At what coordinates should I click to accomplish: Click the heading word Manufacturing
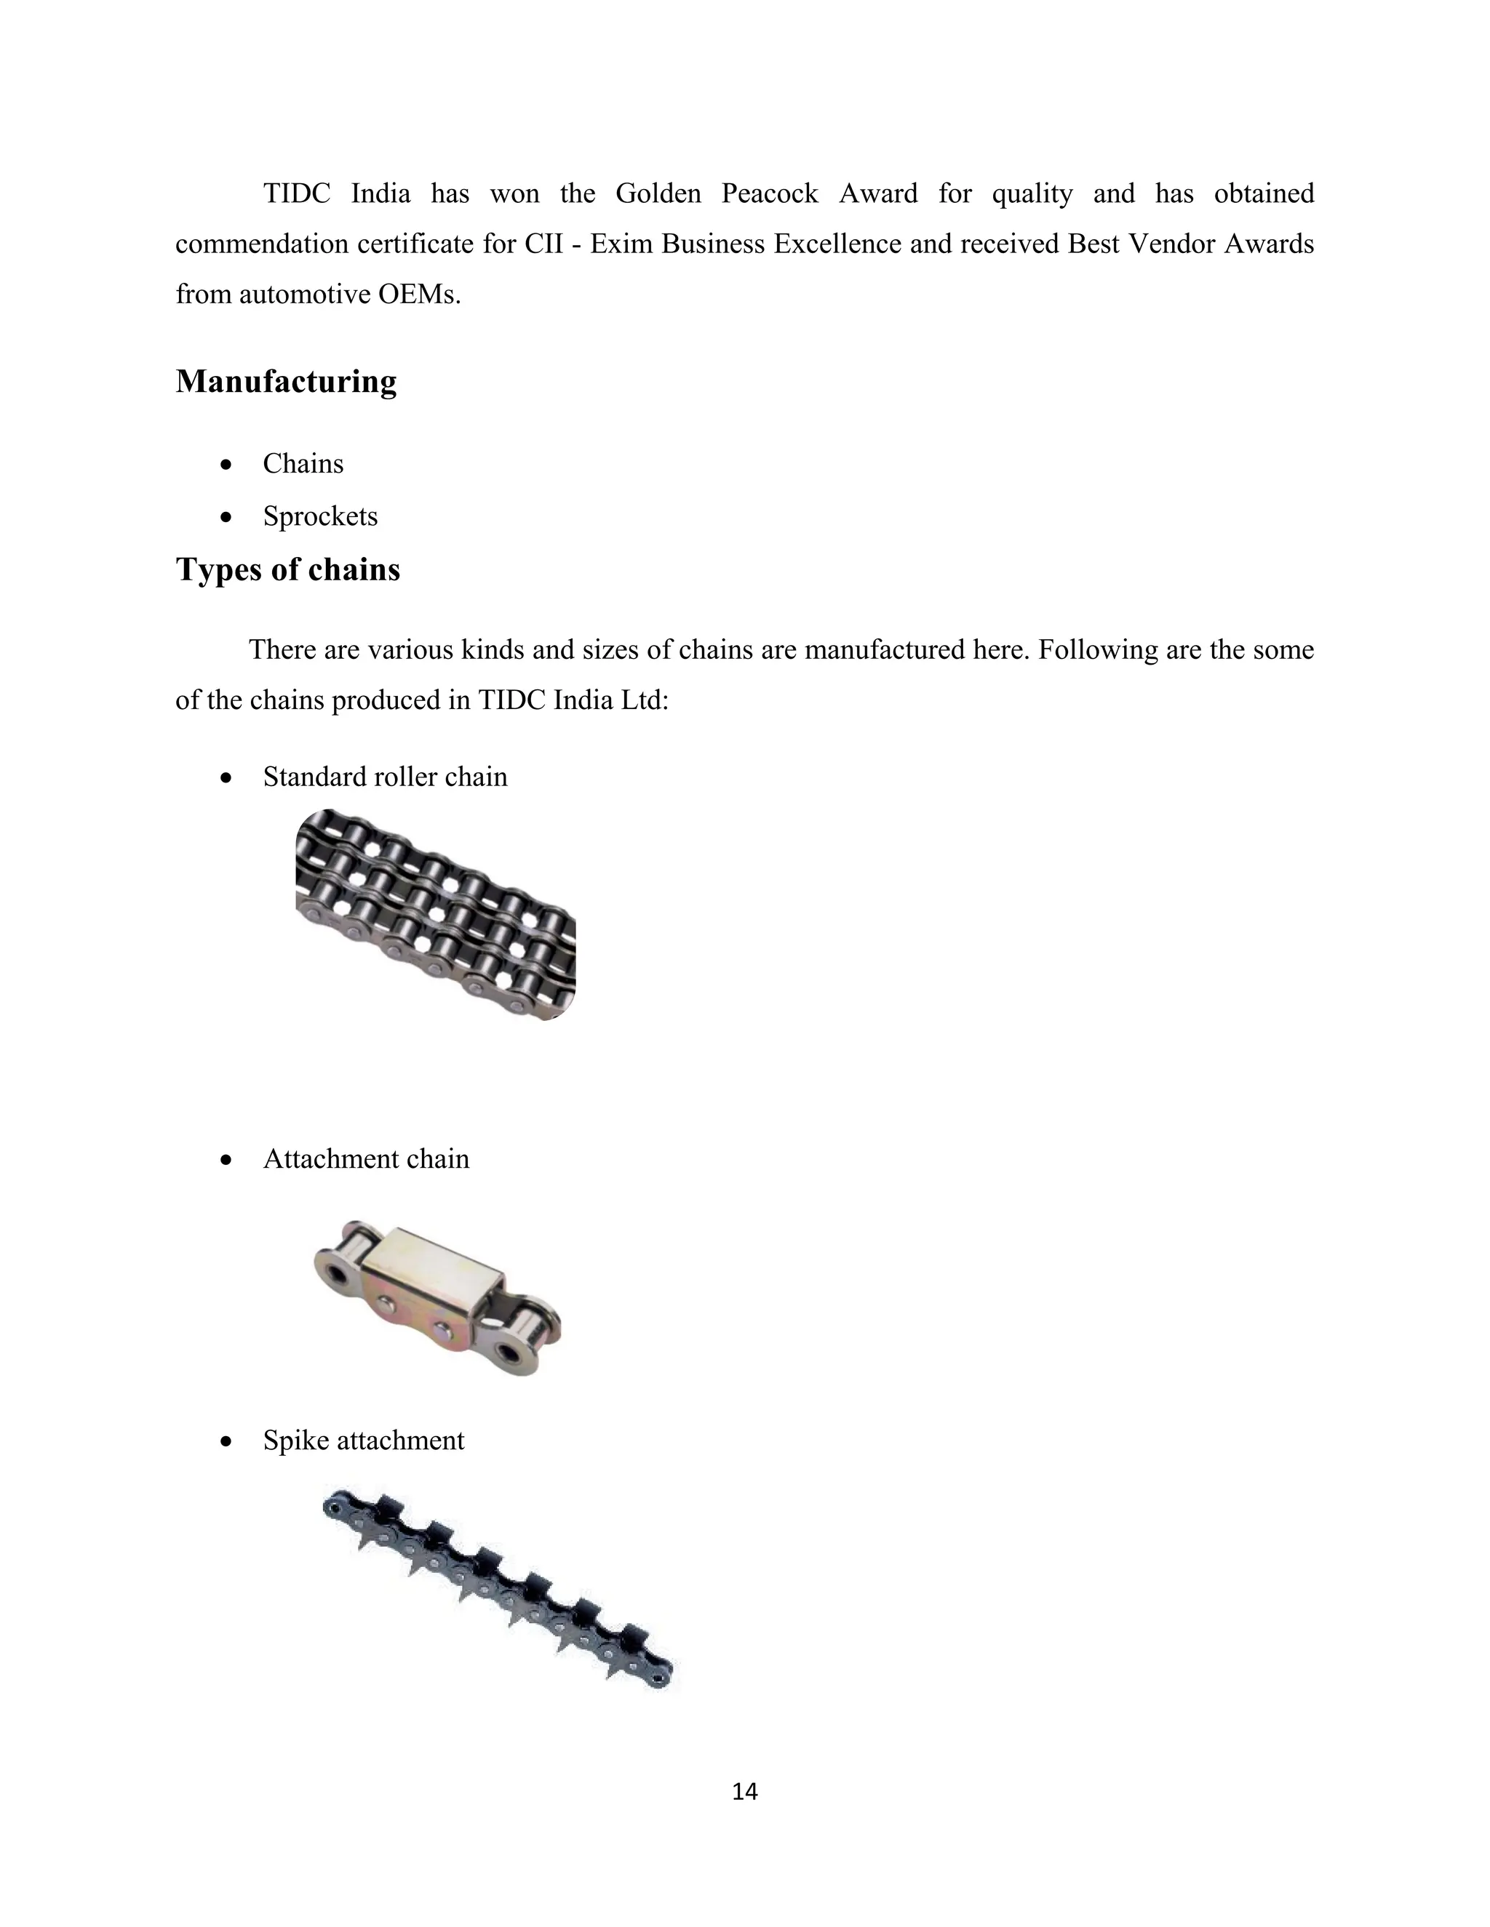(x=286, y=381)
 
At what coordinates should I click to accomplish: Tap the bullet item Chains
(x=303, y=463)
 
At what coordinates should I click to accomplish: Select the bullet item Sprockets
(x=319, y=516)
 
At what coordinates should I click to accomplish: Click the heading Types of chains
(x=288, y=569)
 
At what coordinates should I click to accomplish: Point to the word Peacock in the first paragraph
(x=770, y=193)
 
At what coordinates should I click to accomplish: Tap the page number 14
(x=745, y=1791)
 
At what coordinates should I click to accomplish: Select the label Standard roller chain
(x=385, y=777)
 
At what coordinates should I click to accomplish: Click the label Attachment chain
(x=365, y=1158)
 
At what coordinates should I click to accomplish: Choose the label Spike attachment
(x=363, y=1440)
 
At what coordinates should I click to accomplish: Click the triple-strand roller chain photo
(x=435, y=915)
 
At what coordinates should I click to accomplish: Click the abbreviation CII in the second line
(x=543, y=244)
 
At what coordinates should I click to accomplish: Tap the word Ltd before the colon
(x=643, y=700)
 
